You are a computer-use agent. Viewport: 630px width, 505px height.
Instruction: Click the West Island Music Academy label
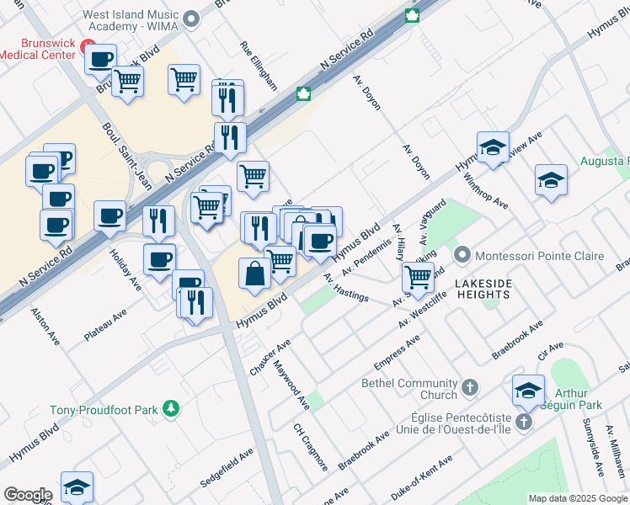tap(131, 21)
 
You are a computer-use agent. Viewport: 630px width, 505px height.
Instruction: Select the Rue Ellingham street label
tap(258, 66)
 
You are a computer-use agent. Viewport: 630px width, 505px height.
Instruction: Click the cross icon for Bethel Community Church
tap(470, 387)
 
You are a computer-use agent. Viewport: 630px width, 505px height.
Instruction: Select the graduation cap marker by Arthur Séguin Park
tap(528, 390)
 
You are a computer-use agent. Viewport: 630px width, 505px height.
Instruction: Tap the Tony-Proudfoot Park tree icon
tap(172, 408)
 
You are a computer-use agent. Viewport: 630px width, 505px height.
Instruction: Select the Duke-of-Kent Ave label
tap(421, 473)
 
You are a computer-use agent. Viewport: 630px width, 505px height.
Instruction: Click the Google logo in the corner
tap(28, 495)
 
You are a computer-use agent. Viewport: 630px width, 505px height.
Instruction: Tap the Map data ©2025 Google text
tap(577, 498)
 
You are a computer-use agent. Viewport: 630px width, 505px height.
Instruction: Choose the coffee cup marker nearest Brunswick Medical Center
tap(100, 59)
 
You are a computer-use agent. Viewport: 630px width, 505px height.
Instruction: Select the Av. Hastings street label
tap(346, 289)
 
